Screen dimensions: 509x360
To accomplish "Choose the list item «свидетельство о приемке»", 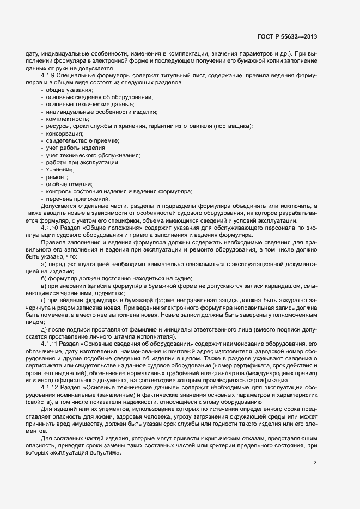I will (x=75, y=141).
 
